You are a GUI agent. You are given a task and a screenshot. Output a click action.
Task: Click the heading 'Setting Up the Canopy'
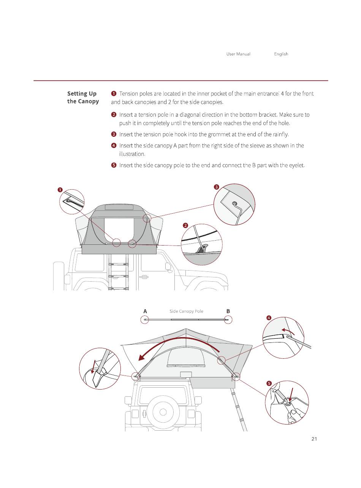click(x=82, y=97)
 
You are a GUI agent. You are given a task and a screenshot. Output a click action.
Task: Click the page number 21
click(x=314, y=439)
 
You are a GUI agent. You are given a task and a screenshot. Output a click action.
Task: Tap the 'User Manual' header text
click(x=238, y=54)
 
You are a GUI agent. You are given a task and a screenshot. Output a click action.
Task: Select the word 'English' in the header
click(x=281, y=54)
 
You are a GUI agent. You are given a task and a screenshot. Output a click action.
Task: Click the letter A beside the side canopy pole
click(x=145, y=311)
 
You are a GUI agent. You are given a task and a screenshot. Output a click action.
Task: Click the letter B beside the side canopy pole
click(x=228, y=311)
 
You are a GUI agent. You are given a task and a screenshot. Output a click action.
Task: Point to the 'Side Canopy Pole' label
click(x=186, y=311)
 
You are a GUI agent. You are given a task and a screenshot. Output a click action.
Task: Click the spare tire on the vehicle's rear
click(x=163, y=412)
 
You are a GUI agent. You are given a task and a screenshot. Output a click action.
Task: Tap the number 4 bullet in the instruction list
click(x=114, y=146)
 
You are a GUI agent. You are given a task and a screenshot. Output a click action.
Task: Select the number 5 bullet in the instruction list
click(x=114, y=165)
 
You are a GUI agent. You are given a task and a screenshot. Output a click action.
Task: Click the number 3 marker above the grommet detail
click(x=216, y=187)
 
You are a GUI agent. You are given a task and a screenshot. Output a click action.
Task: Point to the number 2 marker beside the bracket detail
click(x=185, y=225)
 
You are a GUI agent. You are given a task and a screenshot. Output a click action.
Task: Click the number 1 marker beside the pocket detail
click(x=60, y=190)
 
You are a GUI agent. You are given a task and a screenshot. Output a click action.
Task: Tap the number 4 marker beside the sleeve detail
click(x=269, y=318)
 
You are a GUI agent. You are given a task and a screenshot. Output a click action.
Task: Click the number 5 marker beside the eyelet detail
click(x=269, y=383)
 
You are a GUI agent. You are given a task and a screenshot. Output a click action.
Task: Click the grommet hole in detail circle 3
click(x=234, y=203)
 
